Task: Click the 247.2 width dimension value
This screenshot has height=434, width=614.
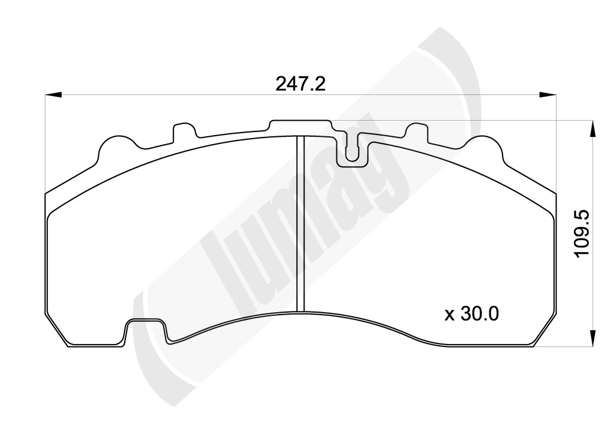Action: (300, 84)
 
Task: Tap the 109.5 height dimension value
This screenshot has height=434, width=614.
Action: (582, 234)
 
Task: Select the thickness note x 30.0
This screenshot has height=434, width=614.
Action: (471, 313)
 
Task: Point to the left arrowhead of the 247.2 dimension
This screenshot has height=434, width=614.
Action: (53, 94)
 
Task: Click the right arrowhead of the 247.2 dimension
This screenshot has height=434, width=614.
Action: (547, 94)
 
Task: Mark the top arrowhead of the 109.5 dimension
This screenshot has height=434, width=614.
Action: (592, 128)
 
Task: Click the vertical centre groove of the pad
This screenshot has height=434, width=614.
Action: (300, 223)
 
